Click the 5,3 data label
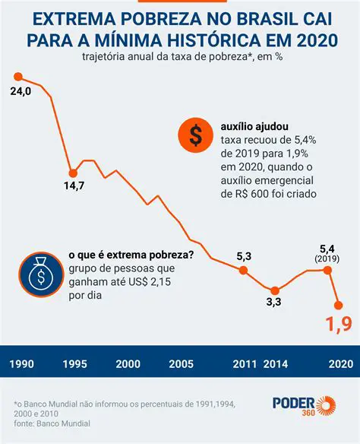[x=243, y=255]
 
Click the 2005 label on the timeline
[x=179, y=363]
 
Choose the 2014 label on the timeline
[x=275, y=363]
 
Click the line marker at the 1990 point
[x=18, y=77]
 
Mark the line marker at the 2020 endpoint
[x=339, y=304]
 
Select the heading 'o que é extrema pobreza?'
[x=131, y=255]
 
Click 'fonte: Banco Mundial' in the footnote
[x=52, y=423]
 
